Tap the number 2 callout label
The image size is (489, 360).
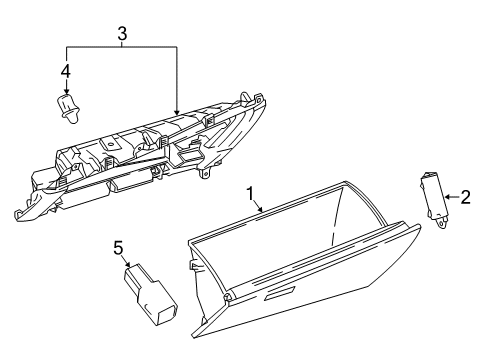click(465, 198)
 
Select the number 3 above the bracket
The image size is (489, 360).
click(122, 33)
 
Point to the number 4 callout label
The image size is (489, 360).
click(66, 71)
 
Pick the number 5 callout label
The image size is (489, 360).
click(117, 245)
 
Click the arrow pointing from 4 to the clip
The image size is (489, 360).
click(67, 84)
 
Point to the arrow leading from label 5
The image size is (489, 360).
click(124, 259)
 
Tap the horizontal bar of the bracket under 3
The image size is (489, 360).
click(122, 47)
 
